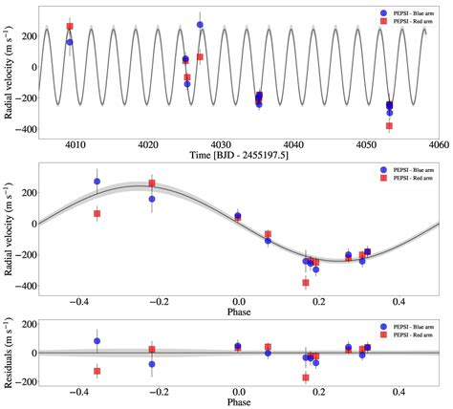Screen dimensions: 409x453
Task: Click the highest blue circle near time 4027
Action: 200,25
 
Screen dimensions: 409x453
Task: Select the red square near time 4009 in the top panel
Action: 70,27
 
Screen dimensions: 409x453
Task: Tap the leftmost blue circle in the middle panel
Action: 97,182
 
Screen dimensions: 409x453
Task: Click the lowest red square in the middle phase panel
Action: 306,283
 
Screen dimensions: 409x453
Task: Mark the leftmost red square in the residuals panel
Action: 97,371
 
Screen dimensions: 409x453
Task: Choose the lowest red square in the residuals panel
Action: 306,377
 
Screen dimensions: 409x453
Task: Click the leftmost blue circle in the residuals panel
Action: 97,340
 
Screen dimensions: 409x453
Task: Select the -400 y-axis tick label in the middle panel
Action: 22,286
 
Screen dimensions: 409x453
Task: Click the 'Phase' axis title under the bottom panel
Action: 237,402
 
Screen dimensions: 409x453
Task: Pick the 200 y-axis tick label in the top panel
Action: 26,35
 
